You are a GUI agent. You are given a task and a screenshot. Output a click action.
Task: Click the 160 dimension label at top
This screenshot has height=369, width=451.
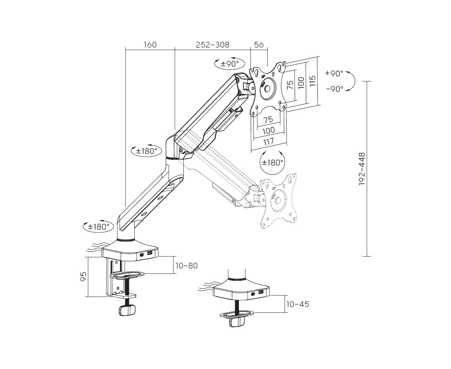(x=150, y=45)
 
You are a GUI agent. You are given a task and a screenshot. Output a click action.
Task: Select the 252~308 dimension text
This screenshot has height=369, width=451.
(x=213, y=45)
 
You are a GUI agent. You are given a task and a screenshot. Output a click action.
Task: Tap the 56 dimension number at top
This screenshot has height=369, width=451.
(x=259, y=45)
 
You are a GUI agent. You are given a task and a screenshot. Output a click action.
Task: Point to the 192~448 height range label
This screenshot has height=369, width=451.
(x=362, y=169)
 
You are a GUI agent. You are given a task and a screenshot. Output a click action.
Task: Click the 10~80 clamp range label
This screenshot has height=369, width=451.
(x=187, y=266)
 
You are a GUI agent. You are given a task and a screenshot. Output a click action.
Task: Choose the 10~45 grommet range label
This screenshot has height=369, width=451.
(x=298, y=304)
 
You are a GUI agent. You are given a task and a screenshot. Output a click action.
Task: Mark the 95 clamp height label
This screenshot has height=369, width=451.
(x=84, y=277)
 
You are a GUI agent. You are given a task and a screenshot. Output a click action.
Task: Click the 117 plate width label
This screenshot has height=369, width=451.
(x=269, y=141)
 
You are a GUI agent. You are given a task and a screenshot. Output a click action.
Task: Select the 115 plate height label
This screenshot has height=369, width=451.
(x=312, y=81)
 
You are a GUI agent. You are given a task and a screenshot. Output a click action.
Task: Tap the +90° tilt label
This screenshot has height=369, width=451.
(x=334, y=74)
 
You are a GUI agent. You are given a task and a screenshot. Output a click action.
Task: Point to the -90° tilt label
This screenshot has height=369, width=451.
(x=335, y=89)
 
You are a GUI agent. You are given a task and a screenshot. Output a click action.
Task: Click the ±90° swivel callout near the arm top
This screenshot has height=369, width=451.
(x=229, y=64)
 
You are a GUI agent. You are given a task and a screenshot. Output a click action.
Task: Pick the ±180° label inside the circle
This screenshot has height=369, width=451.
(x=272, y=163)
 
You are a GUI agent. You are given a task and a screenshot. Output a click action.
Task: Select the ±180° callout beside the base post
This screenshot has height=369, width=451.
(x=98, y=227)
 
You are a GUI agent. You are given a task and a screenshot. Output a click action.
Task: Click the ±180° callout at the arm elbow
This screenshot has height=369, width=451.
(x=147, y=151)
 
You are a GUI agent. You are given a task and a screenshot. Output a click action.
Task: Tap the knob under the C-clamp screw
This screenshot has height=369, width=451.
(x=127, y=310)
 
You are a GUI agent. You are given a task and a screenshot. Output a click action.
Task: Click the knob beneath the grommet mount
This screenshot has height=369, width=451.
(x=237, y=321)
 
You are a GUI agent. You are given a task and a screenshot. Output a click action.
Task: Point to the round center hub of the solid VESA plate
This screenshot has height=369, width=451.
(x=268, y=88)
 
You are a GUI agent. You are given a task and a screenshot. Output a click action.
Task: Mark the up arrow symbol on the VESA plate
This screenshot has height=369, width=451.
(x=273, y=74)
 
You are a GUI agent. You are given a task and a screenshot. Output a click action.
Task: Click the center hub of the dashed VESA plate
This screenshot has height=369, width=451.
(x=278, y=200)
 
